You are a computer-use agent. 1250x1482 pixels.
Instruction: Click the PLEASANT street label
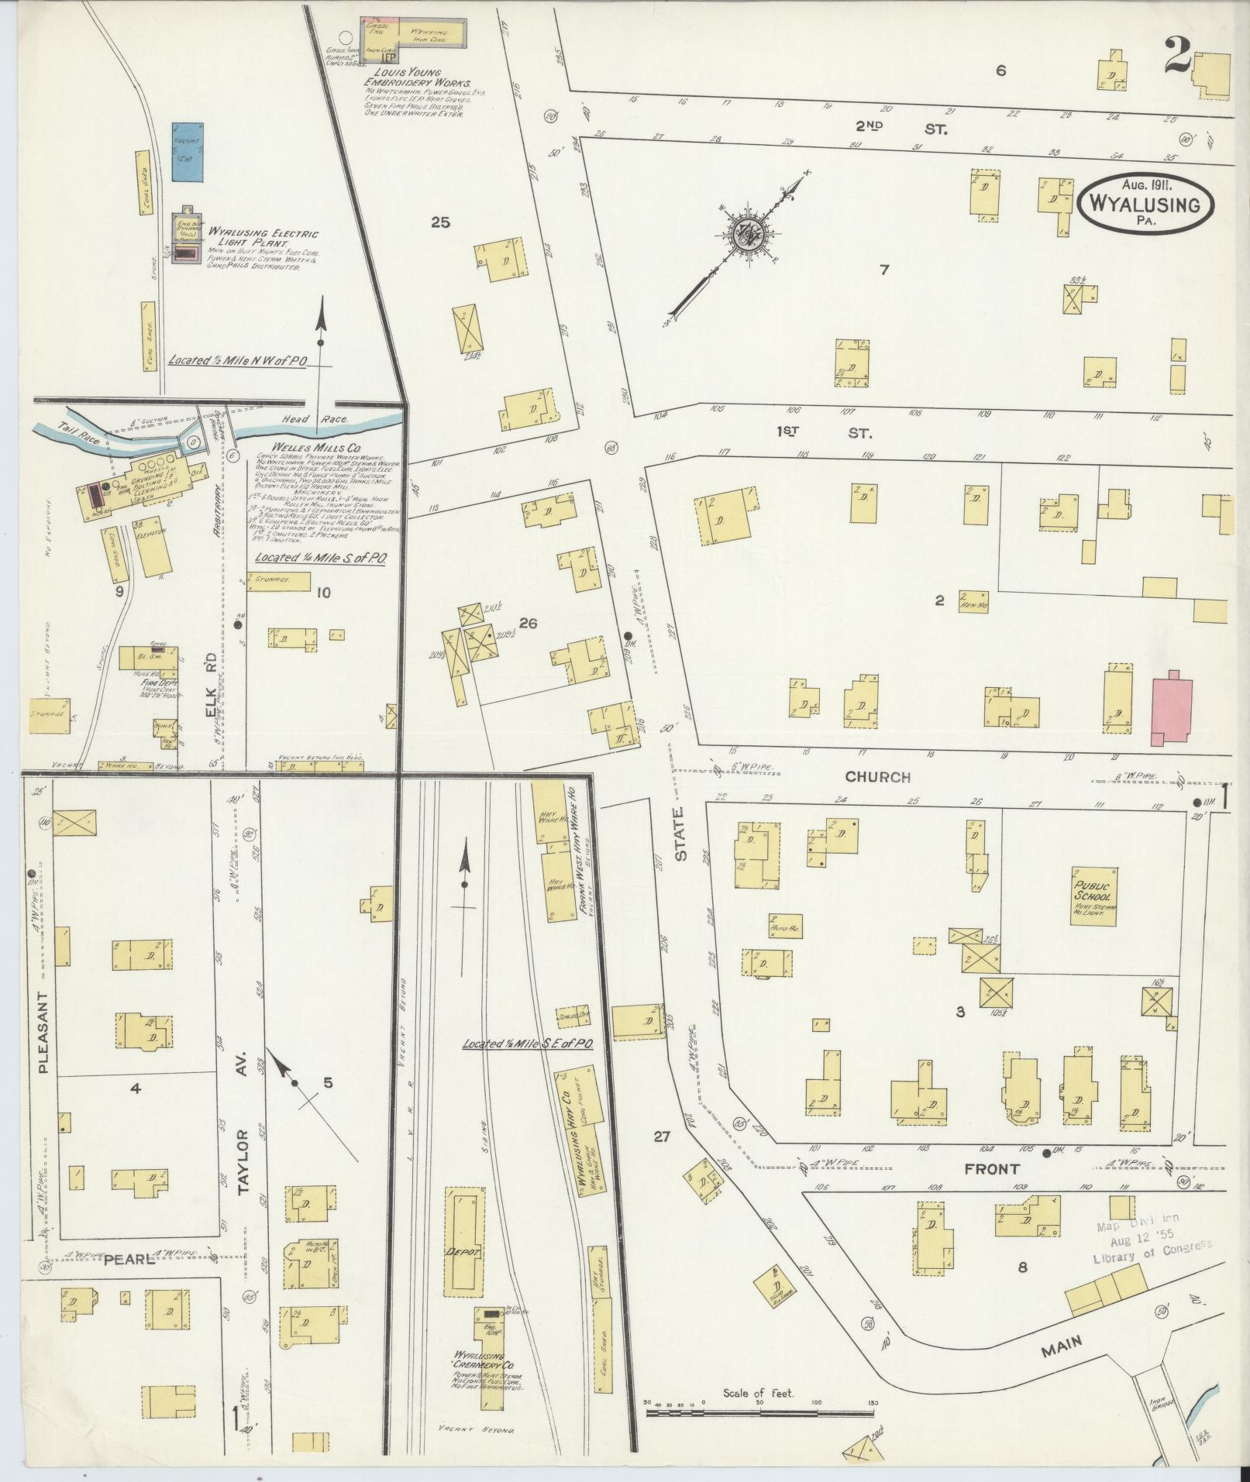coord(43,1032)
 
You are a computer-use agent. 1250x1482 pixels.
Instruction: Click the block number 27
coord(660,1137)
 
